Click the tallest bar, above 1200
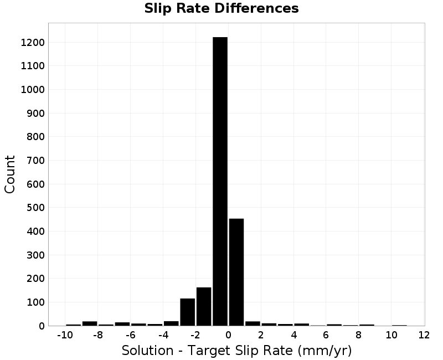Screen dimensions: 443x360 (220, 182)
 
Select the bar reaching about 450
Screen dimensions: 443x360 (236, 272)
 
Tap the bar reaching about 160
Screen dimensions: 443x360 (204, 307)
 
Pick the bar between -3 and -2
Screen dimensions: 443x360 (188, 312)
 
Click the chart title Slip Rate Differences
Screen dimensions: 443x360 (221, 8)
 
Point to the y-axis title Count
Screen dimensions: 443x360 (9, 174)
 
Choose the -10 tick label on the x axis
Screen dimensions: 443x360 (65, 335)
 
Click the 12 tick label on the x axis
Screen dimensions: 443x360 (424, 335)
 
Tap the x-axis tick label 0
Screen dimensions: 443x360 (228, 335)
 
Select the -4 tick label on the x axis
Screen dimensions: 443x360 (163, 335)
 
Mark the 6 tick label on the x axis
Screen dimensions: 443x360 (326, 335)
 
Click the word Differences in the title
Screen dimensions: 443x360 (256, 8)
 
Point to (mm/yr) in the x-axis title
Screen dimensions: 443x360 (324, 351)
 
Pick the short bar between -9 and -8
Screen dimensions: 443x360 (90, 323)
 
